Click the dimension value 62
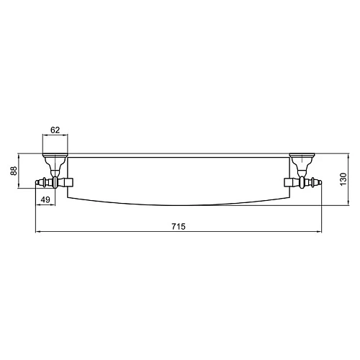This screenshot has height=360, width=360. [x=55, y=131]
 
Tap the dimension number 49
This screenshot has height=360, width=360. [x=45, y=199]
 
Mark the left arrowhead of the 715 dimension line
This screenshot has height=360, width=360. [x=38, y=232]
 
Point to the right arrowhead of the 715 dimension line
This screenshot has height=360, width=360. [x=319, y=232]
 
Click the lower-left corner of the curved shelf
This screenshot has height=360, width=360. [x=68, y=197]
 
